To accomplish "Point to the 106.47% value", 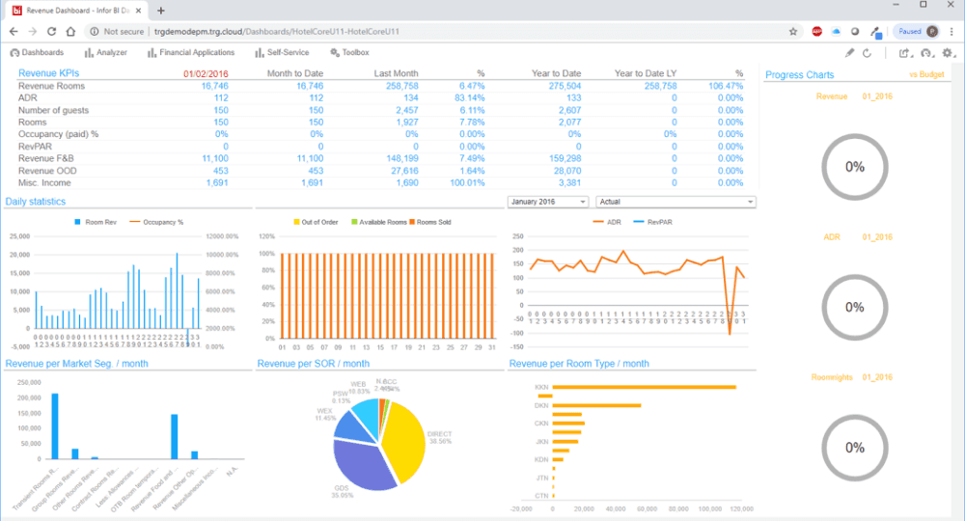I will (725, 86).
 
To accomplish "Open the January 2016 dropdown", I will (547, 202).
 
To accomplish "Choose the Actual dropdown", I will (675, 202).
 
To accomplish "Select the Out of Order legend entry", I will (318, 222).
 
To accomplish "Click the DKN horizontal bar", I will (597, 405).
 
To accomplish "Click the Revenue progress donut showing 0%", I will (854, 166).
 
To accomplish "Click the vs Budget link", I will (925, 74).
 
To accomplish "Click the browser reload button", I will (51, 31).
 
